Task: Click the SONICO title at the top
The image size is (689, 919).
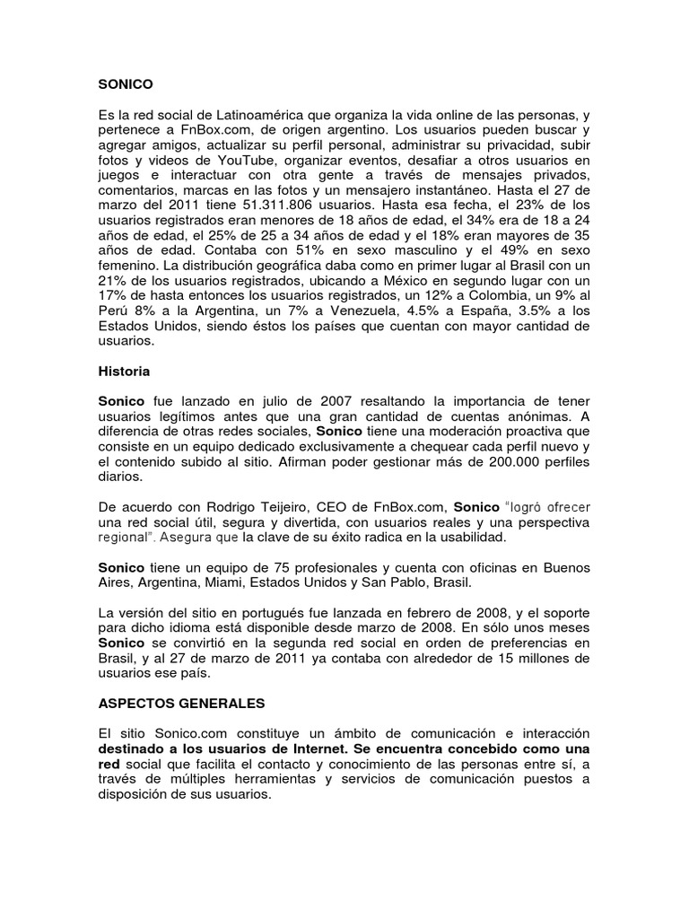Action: click(126, 84)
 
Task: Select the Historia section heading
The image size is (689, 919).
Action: click(124, 370)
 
